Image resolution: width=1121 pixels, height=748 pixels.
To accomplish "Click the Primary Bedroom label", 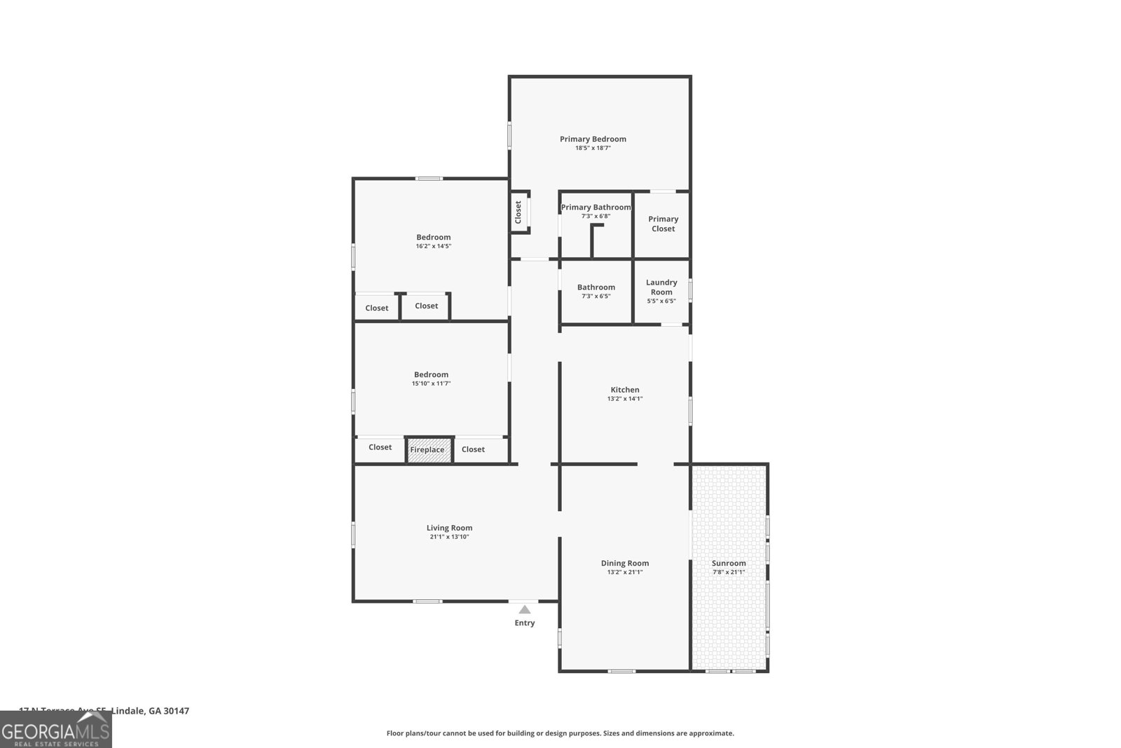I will [593, 139].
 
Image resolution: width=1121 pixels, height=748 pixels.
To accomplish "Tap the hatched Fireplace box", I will [428, 450].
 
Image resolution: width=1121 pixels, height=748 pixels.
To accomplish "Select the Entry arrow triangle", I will [525, 610].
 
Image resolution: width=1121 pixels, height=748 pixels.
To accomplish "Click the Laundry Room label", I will [661, 287].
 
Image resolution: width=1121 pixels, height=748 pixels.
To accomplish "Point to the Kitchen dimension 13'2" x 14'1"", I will [625, 399].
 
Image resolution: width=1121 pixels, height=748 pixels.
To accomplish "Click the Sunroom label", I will [729, 563].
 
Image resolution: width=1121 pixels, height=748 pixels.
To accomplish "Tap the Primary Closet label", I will [663, 224].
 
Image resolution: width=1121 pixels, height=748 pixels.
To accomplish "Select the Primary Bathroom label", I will [596, 208].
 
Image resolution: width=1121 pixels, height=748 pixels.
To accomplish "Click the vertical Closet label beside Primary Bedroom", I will [518, 212].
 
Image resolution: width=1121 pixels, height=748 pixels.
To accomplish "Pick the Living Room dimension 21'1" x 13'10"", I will [449, 537].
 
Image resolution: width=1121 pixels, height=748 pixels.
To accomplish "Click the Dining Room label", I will [625, 563].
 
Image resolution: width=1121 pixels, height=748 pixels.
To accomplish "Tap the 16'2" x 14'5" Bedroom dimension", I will [433, 246].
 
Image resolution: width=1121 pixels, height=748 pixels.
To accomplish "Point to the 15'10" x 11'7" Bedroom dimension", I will [431, 383].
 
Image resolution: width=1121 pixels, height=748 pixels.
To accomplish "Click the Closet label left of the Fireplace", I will [380, 447].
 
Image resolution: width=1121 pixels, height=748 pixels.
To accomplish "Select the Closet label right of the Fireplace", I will [473, 449].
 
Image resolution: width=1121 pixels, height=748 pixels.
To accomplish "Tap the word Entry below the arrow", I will [525, 623].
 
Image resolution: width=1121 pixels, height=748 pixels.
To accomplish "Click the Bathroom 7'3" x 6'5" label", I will [596, 287].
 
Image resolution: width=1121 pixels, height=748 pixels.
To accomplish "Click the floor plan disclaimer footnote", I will [560, 733].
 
